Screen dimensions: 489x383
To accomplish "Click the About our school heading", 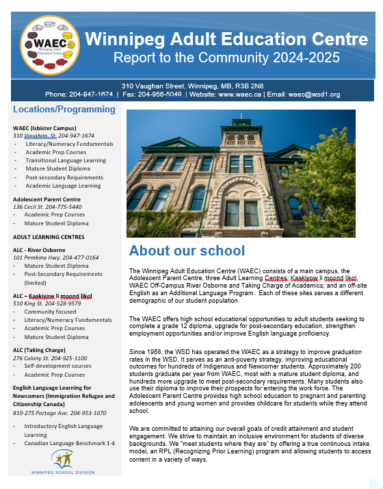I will coord(187,250).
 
